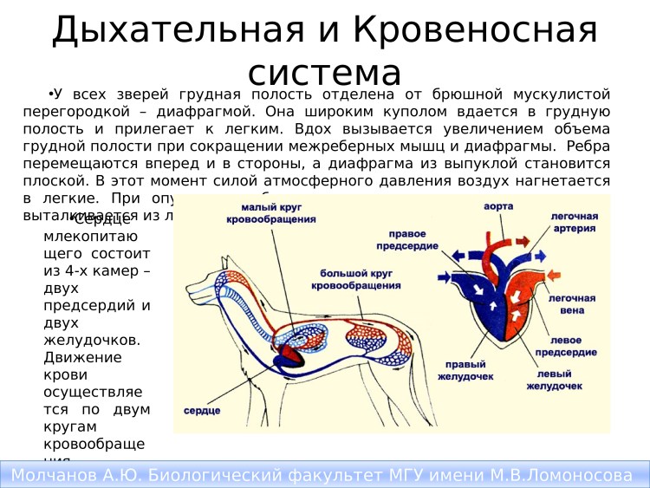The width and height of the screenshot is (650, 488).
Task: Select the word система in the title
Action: point(324,71)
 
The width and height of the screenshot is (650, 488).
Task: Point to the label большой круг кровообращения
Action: point(348,278)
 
